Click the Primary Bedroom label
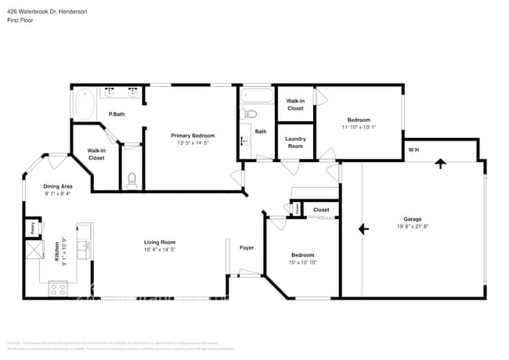pyautogui.click(x=193, y=135)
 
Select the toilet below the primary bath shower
pyautogui.click(x=132, y=180)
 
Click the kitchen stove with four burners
pyautogui.click(x=58, y=288)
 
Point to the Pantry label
pyautogui.click(x=32, y=229)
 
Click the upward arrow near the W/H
pyautogui.click(x=440, y=164)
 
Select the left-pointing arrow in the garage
pyautogui.click(x=363, y=229)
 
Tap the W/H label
pyautogui.click(x=413, y=149)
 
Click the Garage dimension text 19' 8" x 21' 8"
pyautogui.click(x=413, y=226)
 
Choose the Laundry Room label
pyautogui.click(x=295, y=142)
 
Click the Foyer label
pyautogui.click(x=247, y=248)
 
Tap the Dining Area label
pyautogui.click(x=58, y=185)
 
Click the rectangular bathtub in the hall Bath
pyautogui.click(x=257, y=98)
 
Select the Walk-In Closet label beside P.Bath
pyautogui.click(x=96, y=154)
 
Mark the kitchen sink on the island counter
pyautogui.click(x=85, y=249)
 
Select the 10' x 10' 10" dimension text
pyautogui.click(x=303, y=262)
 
